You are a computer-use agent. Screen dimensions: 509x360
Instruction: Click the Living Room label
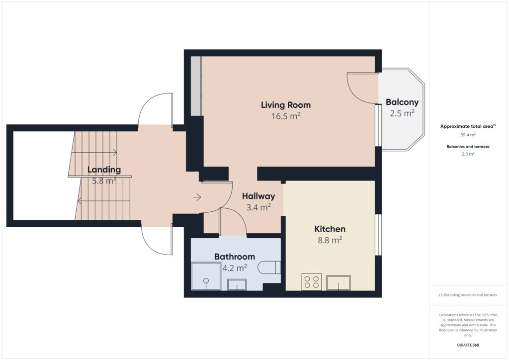pos(286,105)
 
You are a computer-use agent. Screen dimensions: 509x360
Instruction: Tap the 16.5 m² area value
pos(286,116)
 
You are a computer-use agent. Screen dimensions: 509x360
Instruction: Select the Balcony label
pos(402,102)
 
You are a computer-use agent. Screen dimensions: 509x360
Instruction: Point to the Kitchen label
pos(330,229)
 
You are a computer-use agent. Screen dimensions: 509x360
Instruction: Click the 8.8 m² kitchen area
pos(330,240)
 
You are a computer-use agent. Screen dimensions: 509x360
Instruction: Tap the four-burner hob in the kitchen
pos(312,282)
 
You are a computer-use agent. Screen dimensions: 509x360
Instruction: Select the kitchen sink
pos(339,283)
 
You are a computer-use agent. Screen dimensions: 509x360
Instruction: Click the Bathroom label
pos(235,257)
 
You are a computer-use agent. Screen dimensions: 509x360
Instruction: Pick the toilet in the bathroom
pos(269,268)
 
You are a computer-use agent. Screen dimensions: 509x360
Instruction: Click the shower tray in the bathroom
pos(206,276)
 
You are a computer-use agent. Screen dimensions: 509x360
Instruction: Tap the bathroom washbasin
pos(237,285)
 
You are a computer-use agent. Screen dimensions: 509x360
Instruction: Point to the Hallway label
pos(258,196)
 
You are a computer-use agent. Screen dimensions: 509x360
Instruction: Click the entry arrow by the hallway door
pos(197,197)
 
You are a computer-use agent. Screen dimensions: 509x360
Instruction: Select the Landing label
pos(104,170)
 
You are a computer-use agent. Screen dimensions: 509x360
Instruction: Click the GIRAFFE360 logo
pos(468,345)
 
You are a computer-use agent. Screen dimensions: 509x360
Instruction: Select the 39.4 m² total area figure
pos(468,134)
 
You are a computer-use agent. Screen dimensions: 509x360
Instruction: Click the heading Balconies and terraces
pos(468,147)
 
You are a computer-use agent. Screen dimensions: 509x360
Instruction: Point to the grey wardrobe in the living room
pos(196,86)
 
